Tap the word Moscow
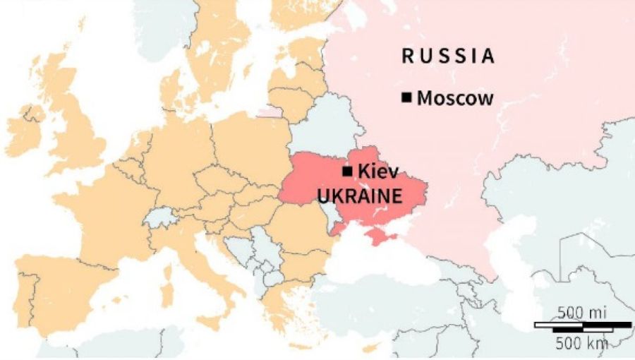pyautogui.click(x=455, y=98)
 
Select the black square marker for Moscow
pyautogui.click(x=406, y=97)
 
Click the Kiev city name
pyautogui.click(x=378, y=171)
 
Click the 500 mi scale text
pyautogui.click(x=582, y=312)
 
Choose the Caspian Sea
pyautogui.click(x=515, y=261)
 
